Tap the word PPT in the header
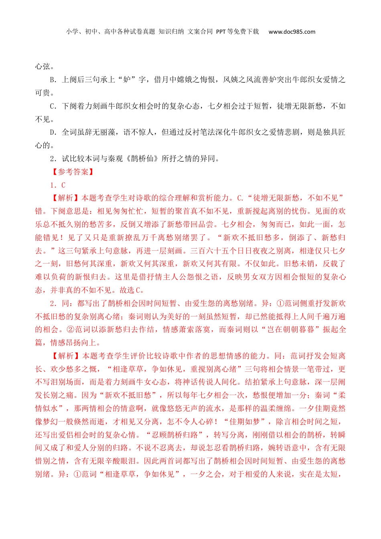(x=221, y=32)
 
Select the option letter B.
(x=53, y=80)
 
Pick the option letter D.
(x=53, y=132)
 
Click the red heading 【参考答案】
(x=73, y=172)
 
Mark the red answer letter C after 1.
(x=63, y=185)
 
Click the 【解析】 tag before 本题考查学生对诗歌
(x=65, y=198)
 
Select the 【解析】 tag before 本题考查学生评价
(x=65, y=356)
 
